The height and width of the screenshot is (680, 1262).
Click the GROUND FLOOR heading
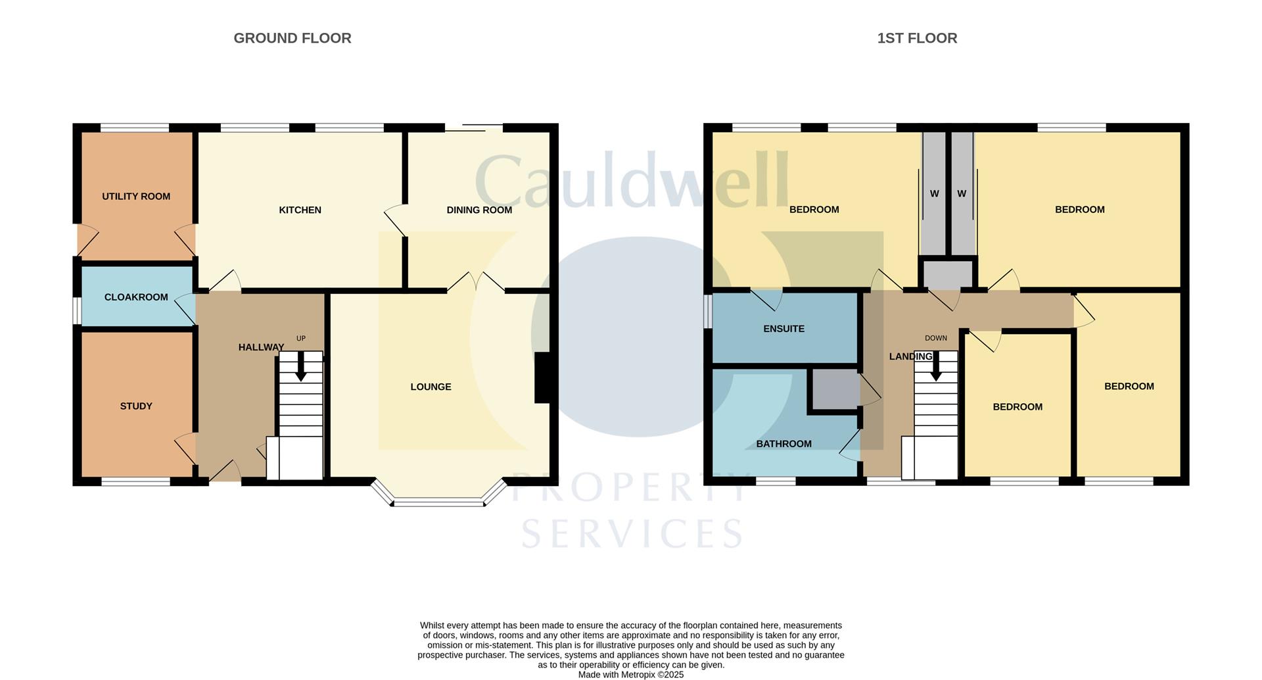[292, 38]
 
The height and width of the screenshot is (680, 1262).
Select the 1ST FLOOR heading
[917, 38]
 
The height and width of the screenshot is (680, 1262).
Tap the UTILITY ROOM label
[136, 196]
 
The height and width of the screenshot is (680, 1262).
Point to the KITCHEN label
[300, 210]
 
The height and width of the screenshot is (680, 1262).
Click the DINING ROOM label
[479, 210]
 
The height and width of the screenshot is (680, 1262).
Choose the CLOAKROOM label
[136, 297]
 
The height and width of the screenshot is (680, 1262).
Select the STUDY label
[136, 406]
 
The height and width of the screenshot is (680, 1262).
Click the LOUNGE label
[431, 387]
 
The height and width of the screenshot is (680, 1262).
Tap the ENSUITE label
[783, 329]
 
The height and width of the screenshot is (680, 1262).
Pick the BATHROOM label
[783, 444]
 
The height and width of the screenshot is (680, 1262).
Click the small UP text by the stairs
[301, 339]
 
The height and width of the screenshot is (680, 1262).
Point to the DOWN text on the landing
[936, 338]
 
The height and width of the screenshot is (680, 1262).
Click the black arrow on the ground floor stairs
[300, 366]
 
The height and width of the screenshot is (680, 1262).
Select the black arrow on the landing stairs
[935, 366]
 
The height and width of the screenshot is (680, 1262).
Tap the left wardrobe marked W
[934, 193]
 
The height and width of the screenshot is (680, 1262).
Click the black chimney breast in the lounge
[542, 377]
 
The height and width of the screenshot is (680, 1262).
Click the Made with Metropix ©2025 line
[631, 675]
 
